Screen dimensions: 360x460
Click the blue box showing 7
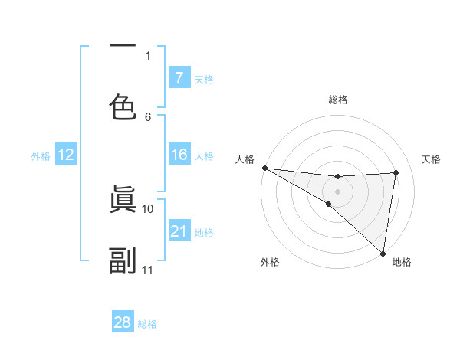[x=179, y=77]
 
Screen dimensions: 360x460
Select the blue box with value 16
[x=179, y=155]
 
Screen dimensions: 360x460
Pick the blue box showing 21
[x=179, y=231]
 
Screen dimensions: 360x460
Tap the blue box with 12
[x=66, y=155]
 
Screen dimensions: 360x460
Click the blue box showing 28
[x=123, y=322]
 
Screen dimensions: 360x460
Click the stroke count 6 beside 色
[x=148, y=116]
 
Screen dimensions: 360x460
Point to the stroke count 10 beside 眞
[x=148, y=208]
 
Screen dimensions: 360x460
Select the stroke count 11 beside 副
[x=148, y=270]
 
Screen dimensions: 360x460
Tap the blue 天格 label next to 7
[x=204, y=79]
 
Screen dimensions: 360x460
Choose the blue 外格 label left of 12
[x=41, y=155]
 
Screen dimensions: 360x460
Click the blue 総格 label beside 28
[x=147, y=324]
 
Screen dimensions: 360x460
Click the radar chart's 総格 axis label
[x=337, y=100]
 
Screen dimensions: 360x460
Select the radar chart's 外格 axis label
[x=270, y=262]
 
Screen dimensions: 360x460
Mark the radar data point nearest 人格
[x=264, y=168]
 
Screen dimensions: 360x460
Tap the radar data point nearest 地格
[x=383, y=253]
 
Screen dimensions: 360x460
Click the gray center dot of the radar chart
[x=337, y=191]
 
